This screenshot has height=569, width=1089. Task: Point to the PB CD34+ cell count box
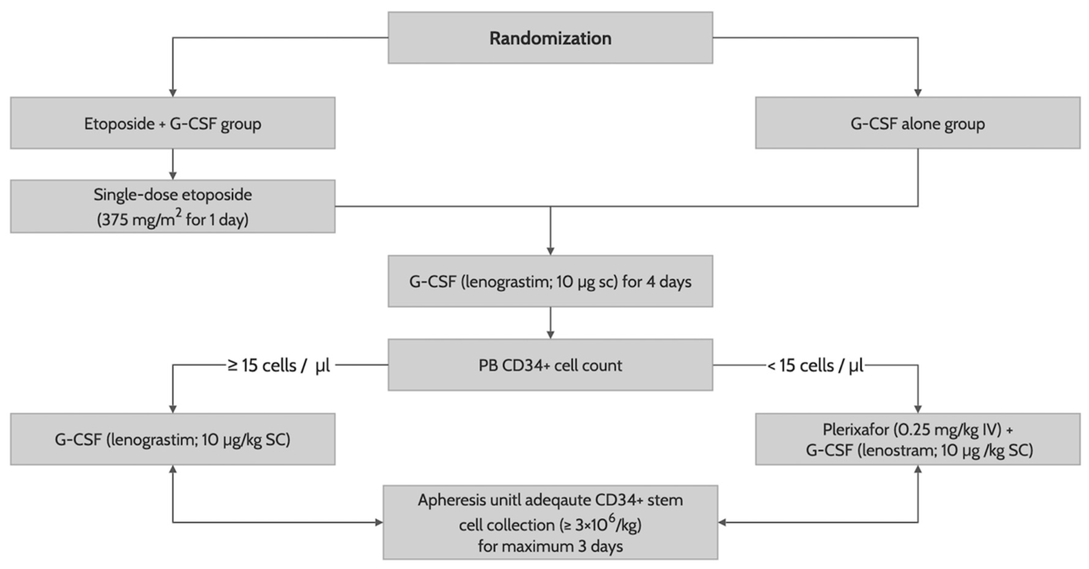(x=550, y=365)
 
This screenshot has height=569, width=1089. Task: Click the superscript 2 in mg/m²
(x=178, y=213)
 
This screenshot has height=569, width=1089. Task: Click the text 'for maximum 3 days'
(x=550, y=546)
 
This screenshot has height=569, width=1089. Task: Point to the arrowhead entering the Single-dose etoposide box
(x=173, y=175)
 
